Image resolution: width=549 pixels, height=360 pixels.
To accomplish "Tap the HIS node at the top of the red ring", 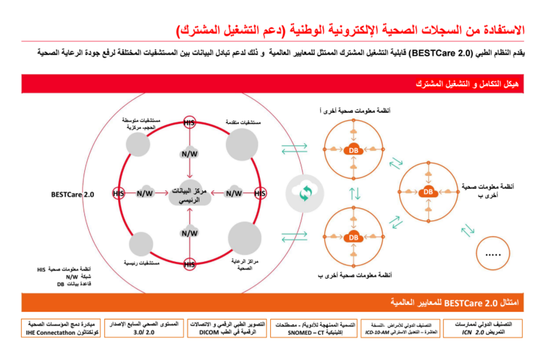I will [x=189, y=123].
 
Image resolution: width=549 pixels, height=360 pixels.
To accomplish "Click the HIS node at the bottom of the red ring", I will [x=189, y=264].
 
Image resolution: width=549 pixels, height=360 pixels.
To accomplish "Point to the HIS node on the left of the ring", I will [x=118, y=193].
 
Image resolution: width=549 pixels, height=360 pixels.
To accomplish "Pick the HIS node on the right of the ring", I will [x=260, y=193].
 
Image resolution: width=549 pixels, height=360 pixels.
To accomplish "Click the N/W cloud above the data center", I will [x=189, y=152].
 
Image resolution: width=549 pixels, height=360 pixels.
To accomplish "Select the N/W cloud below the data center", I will [x=189, y=233].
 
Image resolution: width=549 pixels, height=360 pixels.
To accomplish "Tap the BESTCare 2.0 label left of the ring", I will [x=72, y=195].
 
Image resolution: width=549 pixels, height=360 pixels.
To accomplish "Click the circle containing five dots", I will [x=493, y=253].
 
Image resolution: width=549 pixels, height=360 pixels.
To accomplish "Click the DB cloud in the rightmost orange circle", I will [x=428, y=191].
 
